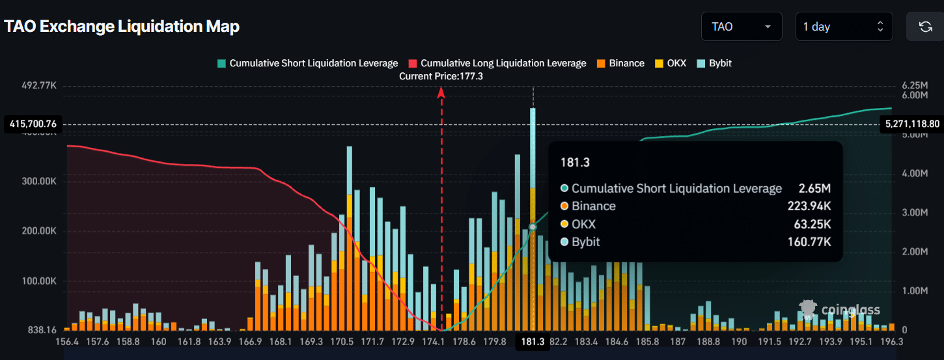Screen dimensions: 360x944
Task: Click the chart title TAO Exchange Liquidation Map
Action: click(122, 27)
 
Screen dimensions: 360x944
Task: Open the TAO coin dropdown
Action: click(742, 27)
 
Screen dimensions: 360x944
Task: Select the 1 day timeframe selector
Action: click(844, 27)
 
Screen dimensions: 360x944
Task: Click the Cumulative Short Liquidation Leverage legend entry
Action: click(307, 63)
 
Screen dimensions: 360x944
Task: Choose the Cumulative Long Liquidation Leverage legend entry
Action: click(497, 63)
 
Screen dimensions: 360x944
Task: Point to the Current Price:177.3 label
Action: click(441, 76)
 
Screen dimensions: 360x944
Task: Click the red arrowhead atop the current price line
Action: click(441, 92)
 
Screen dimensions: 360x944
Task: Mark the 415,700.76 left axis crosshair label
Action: click(33, 124)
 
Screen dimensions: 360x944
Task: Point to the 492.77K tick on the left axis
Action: click(40, 85)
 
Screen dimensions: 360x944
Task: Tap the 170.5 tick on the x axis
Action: click(342, 342)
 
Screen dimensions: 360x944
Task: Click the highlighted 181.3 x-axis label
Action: click(533, 342)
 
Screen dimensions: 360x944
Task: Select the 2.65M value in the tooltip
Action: click(814, 189)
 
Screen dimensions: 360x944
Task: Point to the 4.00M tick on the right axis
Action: click(914, 174)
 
